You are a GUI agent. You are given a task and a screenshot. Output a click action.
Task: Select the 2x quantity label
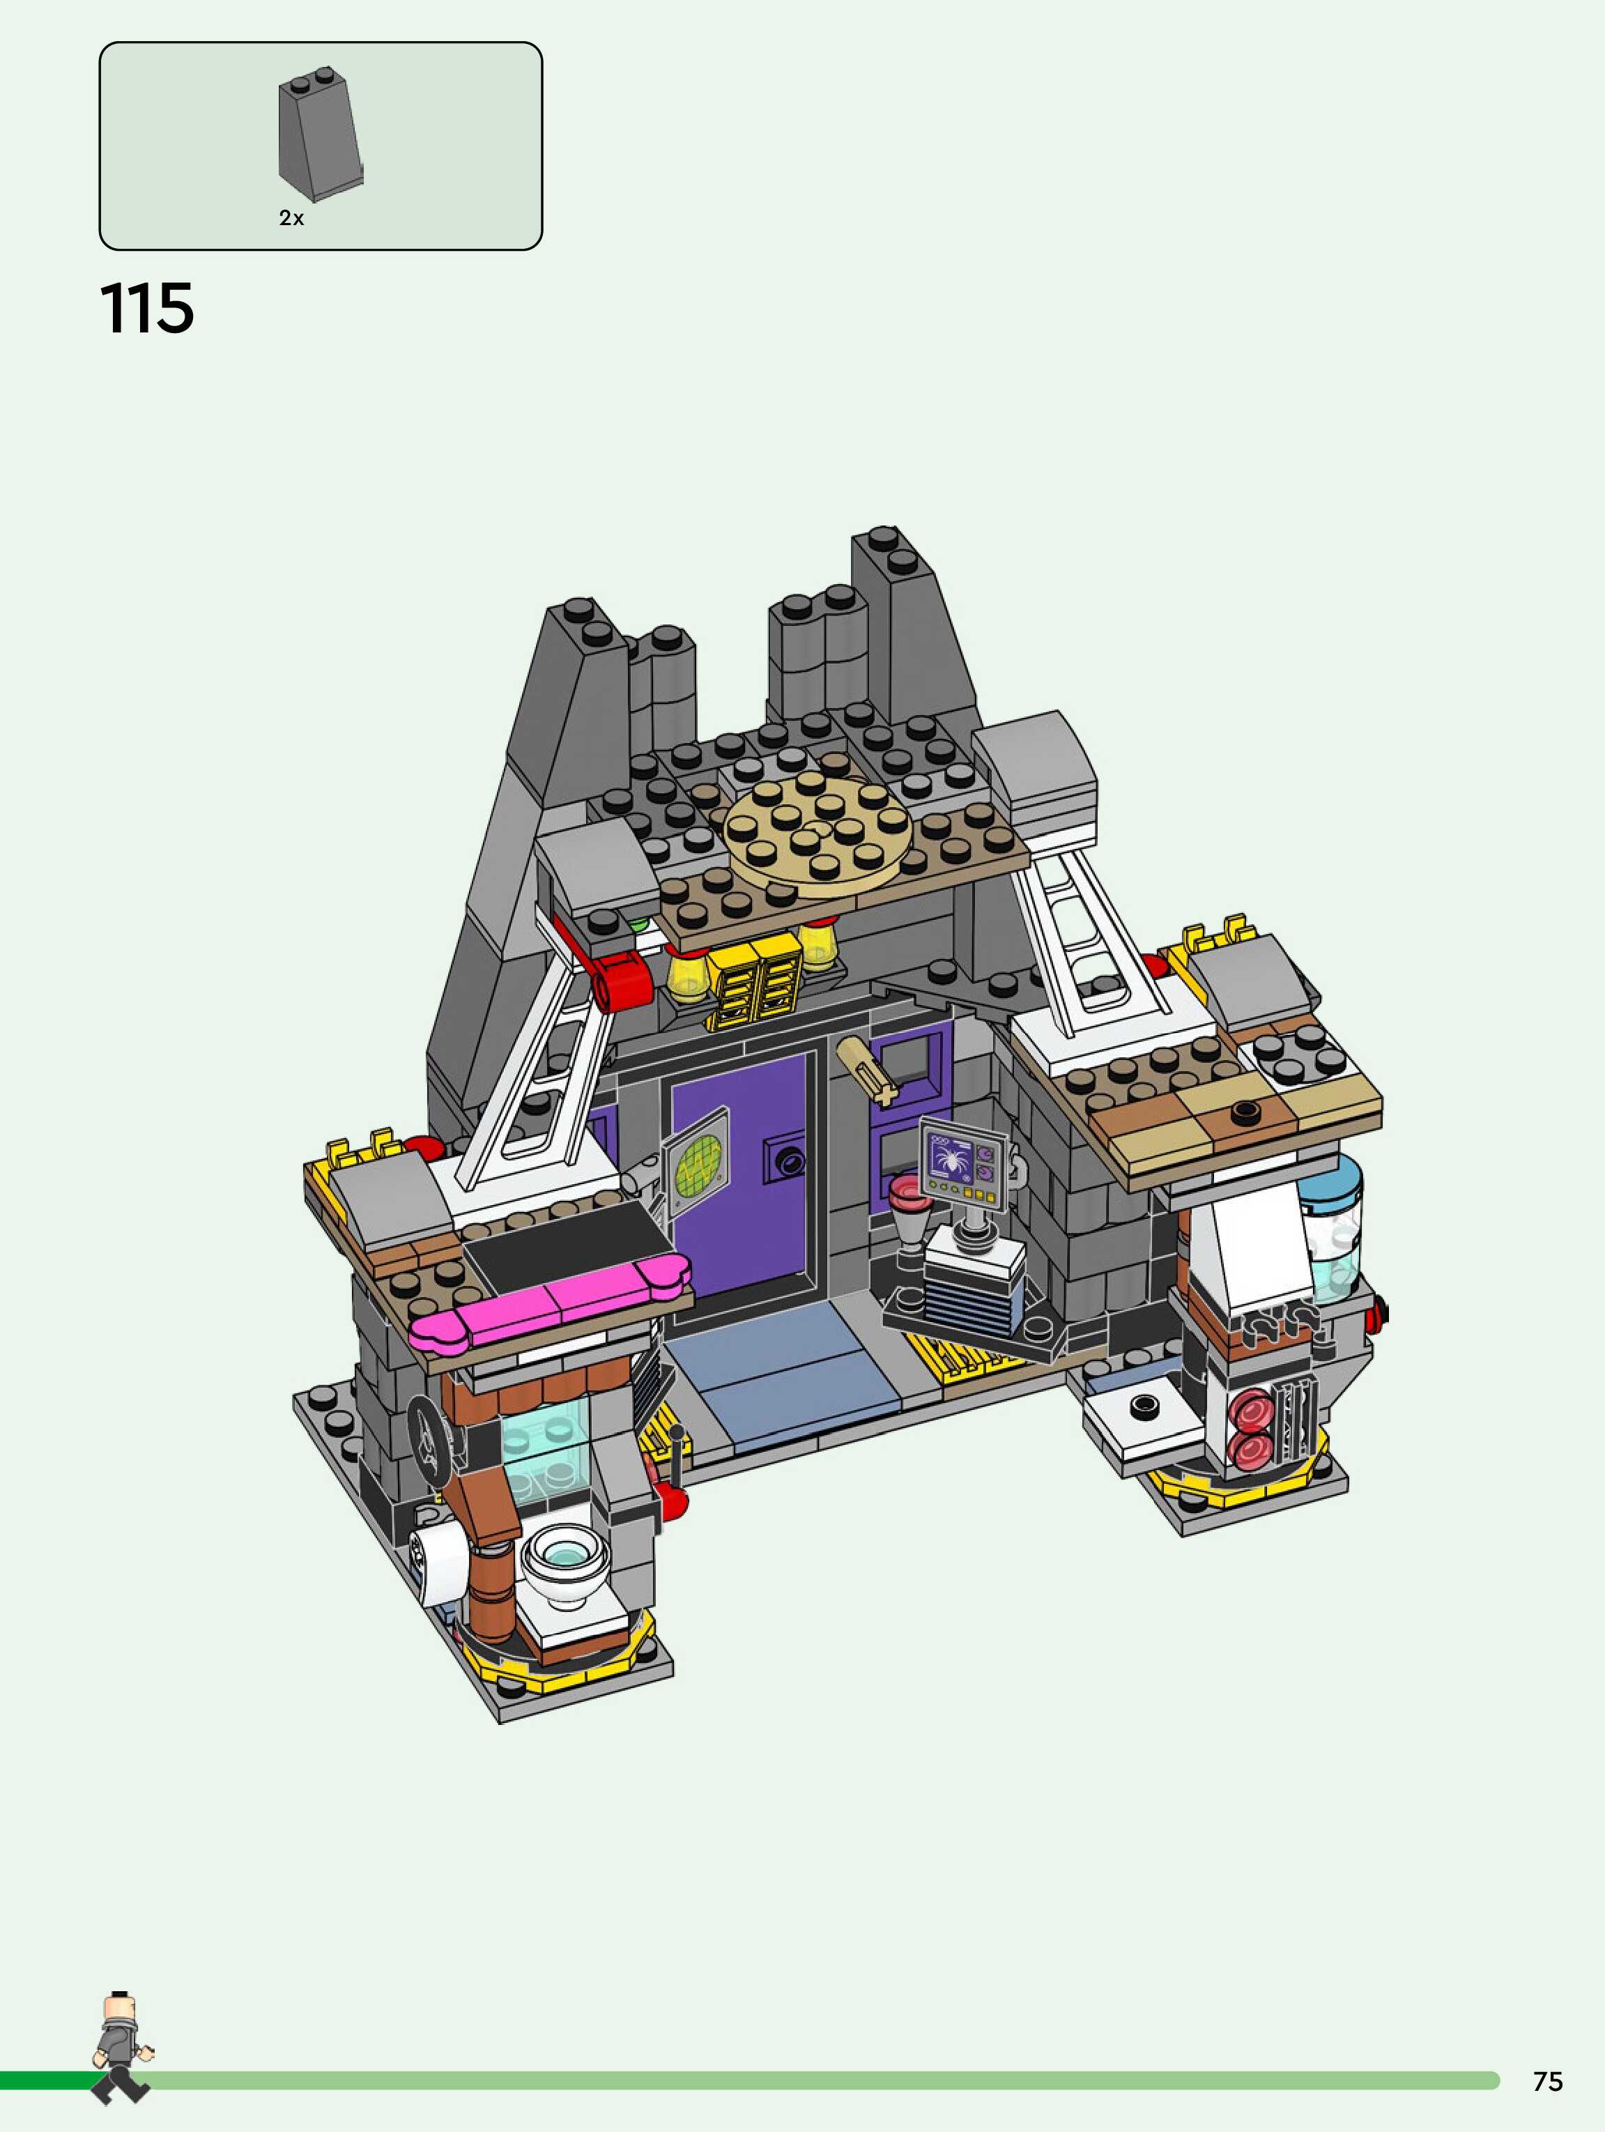pos(291,219)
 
